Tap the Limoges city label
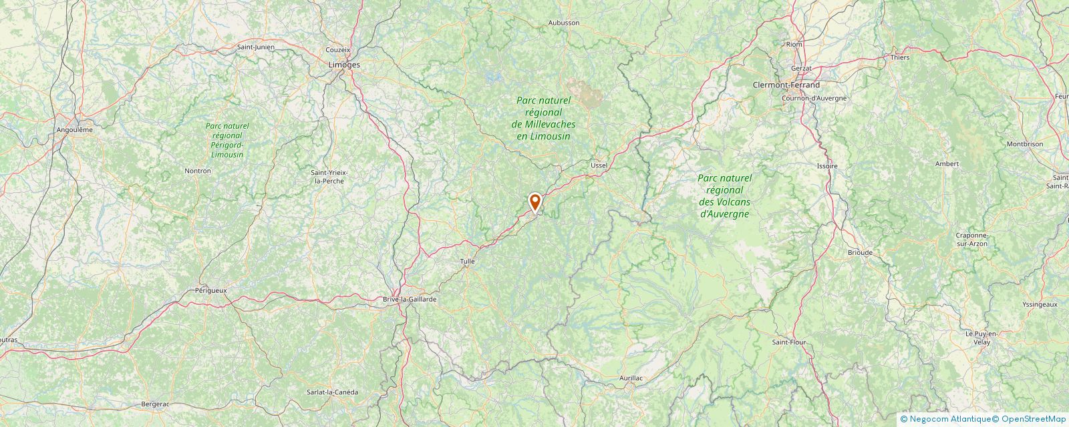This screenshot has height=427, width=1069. pyautogui.click(x=344, y=65)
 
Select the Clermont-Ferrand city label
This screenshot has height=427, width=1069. pyautogui.click(x=786, y=85)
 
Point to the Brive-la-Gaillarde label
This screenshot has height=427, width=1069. pyautogui.click(x=409, y=300)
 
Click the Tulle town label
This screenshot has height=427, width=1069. pyautogui.click(x=468, y=262)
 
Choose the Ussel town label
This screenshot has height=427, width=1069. pyautogui.click(x=599, y=164)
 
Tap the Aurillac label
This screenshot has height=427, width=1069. pyautogui.click(x=631, y=378)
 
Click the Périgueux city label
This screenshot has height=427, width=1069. pyautogui.click(x=211, y=290)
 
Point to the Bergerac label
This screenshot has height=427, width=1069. pyautogui.click(x=156, y=404)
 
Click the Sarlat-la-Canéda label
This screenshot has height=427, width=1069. pyautogui.click(x=332, y=392)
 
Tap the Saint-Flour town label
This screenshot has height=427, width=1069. pyautogui.click(x=789, y=342)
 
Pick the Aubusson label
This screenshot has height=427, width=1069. pyautogui.click(x=563, y=23)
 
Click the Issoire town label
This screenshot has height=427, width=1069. pyautogui.click(x=827, y=165)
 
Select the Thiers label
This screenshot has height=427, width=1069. pyautogui.click(x=900, y=57)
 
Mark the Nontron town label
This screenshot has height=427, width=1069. pyautogui.click(x=197, y=171)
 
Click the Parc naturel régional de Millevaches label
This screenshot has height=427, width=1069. pyautogui.click(x=543, y=118)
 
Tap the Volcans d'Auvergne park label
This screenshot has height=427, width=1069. pyautogui.click(x=724, y=196)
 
